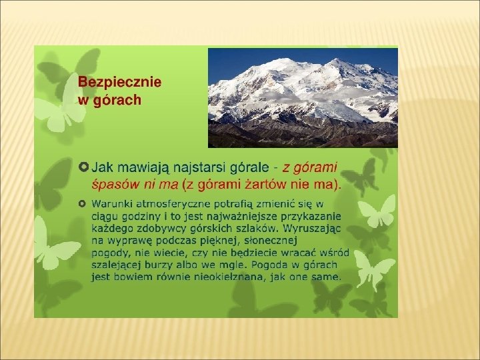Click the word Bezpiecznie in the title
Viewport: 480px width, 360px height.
coord(120,83)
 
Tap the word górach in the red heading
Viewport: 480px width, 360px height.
coord(117,101)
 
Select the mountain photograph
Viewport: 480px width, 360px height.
coord(303,98)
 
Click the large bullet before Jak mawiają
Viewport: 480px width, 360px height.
coord(83,167)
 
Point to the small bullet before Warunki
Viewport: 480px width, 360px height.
coord(82,203)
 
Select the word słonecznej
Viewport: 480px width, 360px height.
coord(271,241)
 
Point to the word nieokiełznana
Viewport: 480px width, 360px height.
coord(229,277)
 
